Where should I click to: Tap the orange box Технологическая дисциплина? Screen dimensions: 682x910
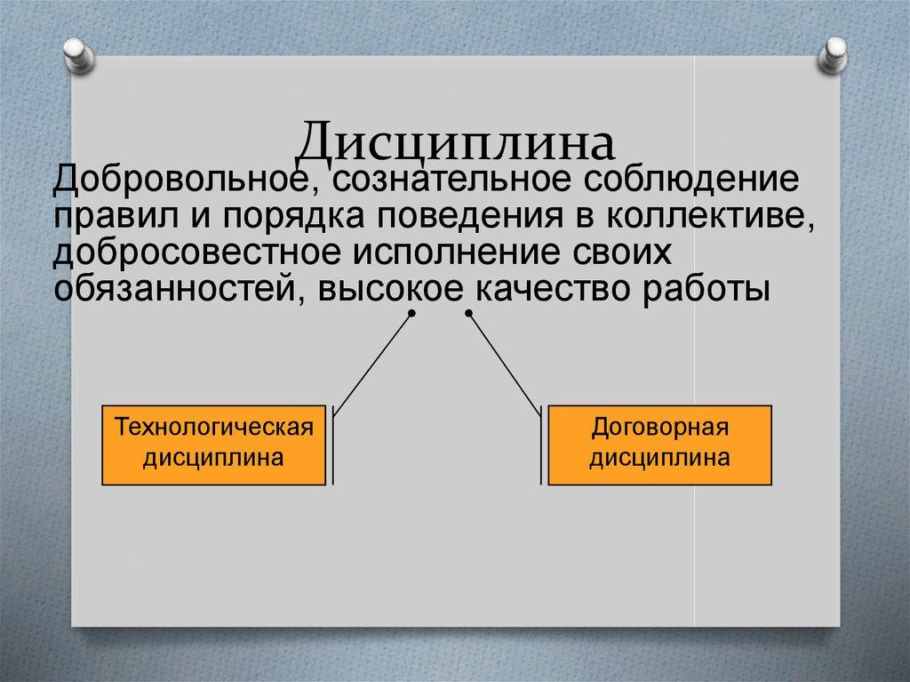214,445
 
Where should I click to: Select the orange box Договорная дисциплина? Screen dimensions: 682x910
660,445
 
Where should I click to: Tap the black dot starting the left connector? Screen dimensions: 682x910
411,315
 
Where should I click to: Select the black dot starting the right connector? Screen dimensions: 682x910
468,315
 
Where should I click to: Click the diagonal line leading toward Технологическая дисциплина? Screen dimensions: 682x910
373,365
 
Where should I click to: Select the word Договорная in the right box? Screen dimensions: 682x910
660,429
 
